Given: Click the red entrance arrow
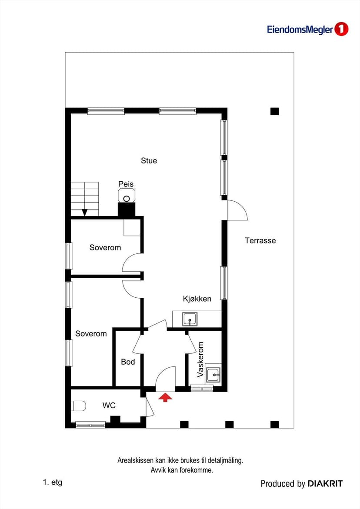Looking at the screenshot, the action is click(x=165, y=397).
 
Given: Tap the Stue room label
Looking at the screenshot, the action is click(x=149, y=161).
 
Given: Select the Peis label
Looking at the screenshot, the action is click(x=126, y=184).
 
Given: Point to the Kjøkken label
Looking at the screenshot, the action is click(x=197, y=299).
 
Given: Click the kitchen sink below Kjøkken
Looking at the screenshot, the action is click(x=190, y=319).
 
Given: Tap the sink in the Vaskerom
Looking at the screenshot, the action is click(x=213, y=375).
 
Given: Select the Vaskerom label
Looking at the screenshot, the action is click(x=200, y=359).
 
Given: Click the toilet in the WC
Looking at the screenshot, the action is click(x=78, y=406).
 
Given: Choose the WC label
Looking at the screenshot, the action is click(x=109, y=406).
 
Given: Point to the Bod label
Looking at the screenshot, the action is click(x=128, y=362).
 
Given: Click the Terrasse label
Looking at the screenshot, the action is click(x=260, y=240).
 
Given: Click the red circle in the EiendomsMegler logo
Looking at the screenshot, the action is click(x=341, y=29).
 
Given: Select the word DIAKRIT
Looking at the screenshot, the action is click(x=325, y=484).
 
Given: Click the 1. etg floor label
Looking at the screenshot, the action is click(x=52, y=482).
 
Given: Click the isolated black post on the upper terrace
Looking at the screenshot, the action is click(x=275, y=111).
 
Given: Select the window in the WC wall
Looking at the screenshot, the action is click(x=90, y=424).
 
